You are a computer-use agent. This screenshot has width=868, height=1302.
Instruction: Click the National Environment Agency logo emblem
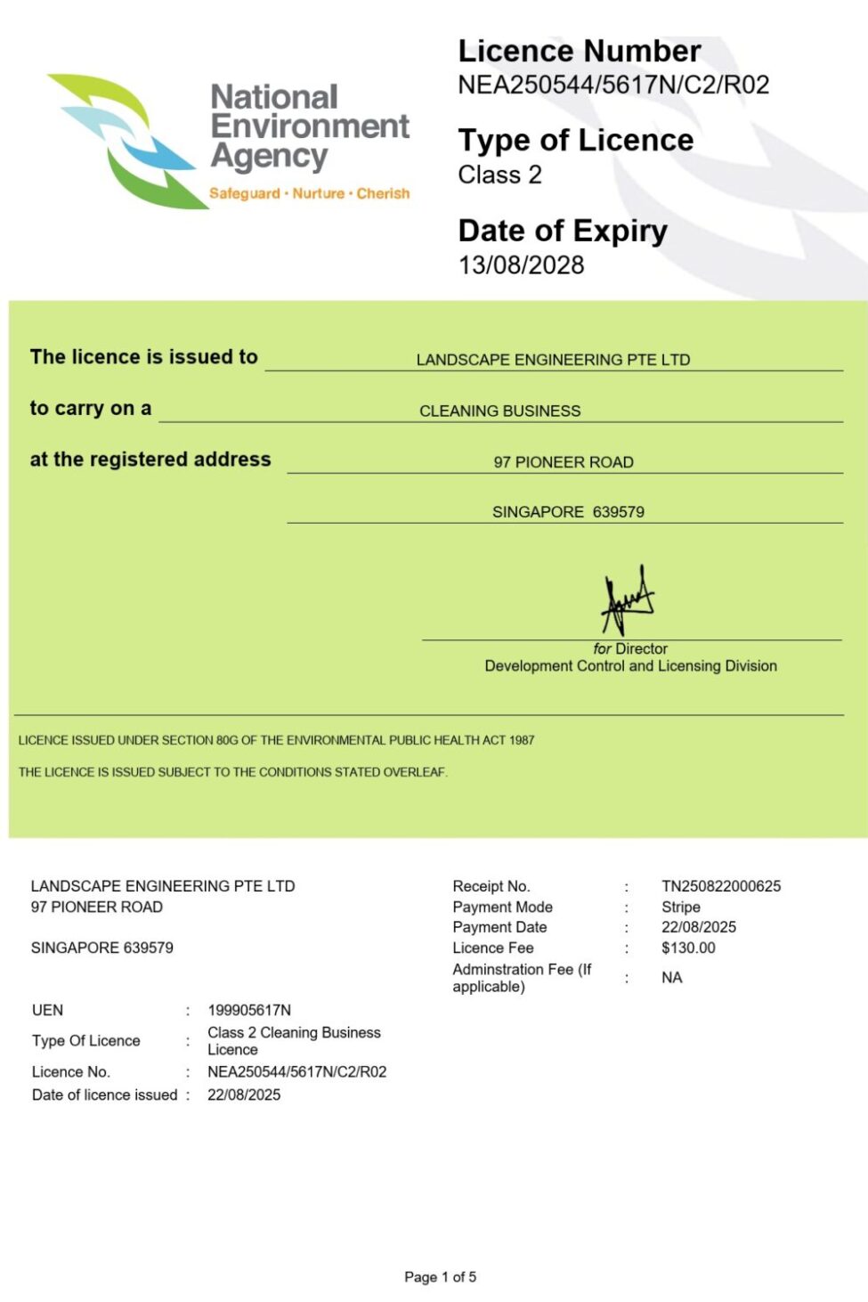point(125,141)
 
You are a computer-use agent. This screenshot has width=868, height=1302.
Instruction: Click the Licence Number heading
point(579,51)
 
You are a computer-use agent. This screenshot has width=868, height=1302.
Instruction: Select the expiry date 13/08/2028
point(521,265)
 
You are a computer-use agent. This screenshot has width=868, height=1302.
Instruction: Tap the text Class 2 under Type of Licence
point(499,175)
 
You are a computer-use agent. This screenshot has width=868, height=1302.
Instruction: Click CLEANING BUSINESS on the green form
point(499,411)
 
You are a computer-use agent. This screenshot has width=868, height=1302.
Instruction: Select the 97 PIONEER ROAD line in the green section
point(564,462)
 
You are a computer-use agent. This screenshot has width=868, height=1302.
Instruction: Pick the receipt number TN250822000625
point(720,886)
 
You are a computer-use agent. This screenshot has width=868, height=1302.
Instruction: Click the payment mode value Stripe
point(680,907)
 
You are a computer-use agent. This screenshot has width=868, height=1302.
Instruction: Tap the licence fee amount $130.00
point(688,948)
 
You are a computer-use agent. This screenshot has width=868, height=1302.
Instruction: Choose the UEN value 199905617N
point(249,1010)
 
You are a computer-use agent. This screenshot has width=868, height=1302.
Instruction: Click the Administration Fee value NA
point(671,978)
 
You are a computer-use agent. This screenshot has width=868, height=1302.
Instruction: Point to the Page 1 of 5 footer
point(440,1277)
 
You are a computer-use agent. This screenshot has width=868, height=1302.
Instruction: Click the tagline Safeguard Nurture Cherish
point(309,193)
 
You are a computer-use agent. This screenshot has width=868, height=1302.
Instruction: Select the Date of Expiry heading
point(562,231)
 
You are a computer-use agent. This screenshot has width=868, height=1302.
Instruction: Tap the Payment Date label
point(499,927)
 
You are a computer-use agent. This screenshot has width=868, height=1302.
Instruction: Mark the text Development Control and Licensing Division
point(630,666)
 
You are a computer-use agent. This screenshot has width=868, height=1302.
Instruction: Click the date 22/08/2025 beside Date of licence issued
point(244,1094)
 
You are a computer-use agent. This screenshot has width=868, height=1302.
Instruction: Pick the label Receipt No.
point(491,886)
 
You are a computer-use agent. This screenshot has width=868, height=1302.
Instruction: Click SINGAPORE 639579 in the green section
point(568,512)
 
